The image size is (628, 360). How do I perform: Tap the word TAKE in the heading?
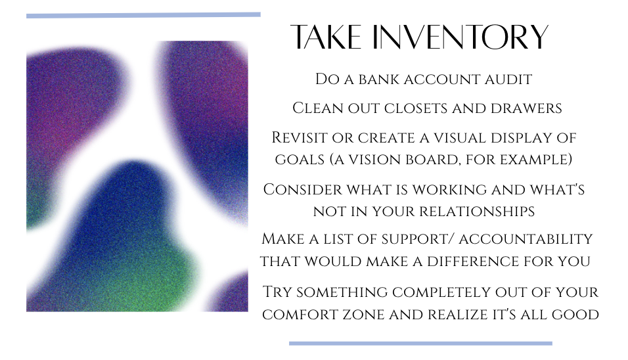[326, 37]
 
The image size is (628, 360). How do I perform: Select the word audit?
[508, 79]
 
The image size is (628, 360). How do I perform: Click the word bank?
[379, 79]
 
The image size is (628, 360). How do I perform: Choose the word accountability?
[526, 239]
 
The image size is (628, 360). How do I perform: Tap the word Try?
[277, 292]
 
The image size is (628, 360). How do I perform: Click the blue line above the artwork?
[143, 16]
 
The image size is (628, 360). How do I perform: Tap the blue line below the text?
[420, 344]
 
